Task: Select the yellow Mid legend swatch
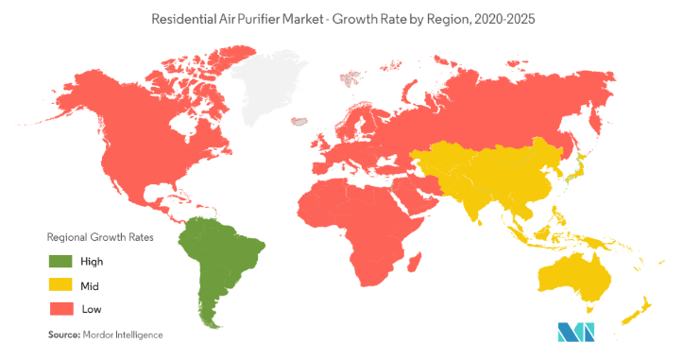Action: (x=61, y=284)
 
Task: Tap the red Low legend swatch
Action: (x=61, y=308)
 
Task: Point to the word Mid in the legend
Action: (x=91, y=284)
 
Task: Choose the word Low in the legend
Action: (x=92, y=308)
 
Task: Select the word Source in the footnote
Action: (x=62, y=334)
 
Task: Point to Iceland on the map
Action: (x=302, y=121)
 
